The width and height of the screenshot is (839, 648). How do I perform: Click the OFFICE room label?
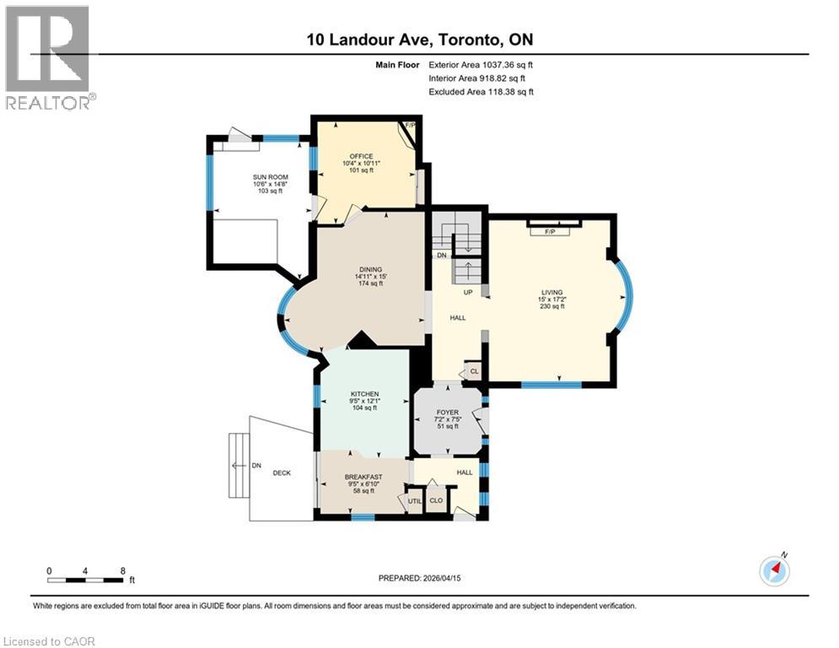pyautogui.click(x=361, y=156)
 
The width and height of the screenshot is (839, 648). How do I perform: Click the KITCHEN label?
pyautogui.click(x=364, y=394)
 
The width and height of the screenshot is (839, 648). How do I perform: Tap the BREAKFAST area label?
pyautogui.click(x=363, y=477)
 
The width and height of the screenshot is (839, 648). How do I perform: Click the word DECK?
pyautogui.click(x=282, y=472)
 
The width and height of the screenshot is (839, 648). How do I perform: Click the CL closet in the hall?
pyautogui.click(x=474, y=371)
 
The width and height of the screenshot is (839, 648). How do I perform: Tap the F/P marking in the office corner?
pyautogui.click(x=411, y=126)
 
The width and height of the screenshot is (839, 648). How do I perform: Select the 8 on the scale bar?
pyautogui.click(x=123, y=571)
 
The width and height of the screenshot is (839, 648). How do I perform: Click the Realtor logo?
pyautogui.click(x=48, y=57)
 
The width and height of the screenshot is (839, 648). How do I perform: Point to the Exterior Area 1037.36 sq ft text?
pyautogui.click(x=481, y=64)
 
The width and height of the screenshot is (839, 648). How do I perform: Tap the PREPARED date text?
pyautogui.click(x=419, y=578)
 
